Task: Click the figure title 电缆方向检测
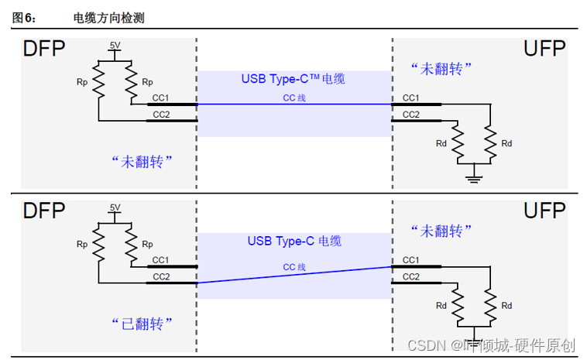coord(108,18)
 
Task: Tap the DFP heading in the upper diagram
coord(44,50)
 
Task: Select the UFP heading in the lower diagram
coord(545,210)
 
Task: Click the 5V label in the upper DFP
coord(115,46)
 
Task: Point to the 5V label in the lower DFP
coord(115,207)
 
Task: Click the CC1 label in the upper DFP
coord(161,98)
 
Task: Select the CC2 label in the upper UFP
coord(411,115)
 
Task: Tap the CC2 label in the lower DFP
coord(161,276)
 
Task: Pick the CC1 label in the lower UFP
coord(411,259)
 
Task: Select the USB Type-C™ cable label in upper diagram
coord(293,79)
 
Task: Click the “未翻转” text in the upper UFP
coord(441,69)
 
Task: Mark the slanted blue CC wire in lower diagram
coord(294,275)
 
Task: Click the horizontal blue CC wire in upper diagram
coord(294,104)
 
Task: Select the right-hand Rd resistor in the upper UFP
coord(490,142)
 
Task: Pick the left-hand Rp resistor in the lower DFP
coord(99,245)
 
